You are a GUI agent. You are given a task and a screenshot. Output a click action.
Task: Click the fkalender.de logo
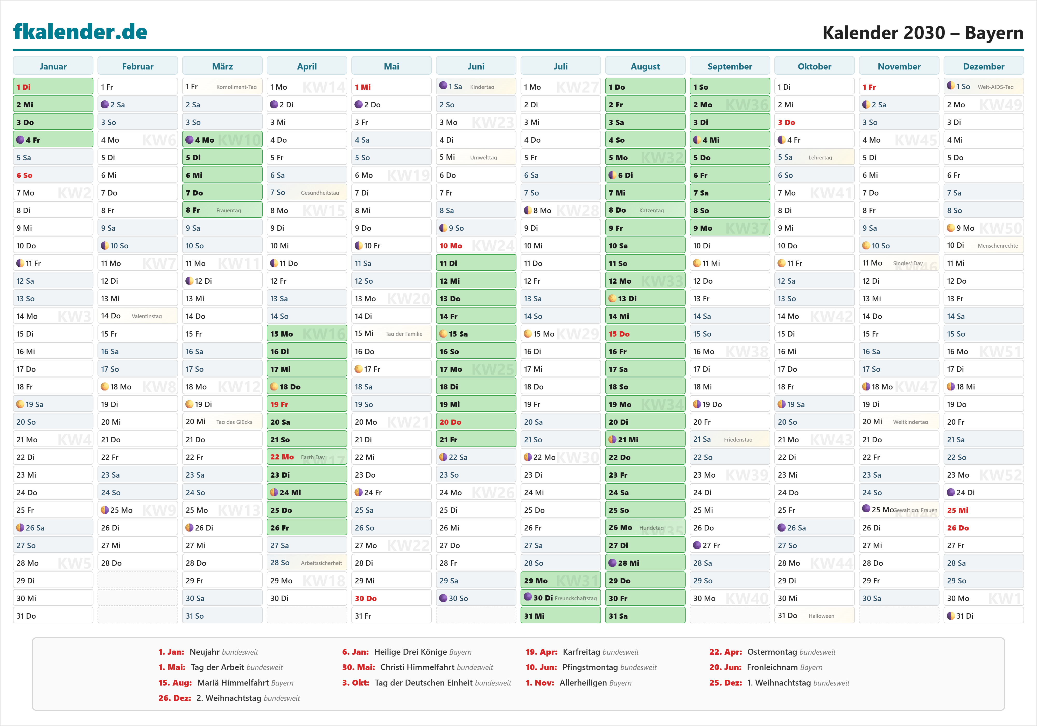pos(80,32)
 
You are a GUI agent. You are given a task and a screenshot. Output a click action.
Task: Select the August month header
pos(645,66)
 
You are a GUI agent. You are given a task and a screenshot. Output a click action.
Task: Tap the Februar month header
pos(138,66)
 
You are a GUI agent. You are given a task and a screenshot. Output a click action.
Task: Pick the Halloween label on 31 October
pos(821,616)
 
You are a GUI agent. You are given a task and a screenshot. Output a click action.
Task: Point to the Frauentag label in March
pos(229,211)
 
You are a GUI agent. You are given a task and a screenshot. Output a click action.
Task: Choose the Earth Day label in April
pos(313,457)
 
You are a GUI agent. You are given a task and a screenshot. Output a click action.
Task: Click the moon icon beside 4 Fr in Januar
pos(20,139)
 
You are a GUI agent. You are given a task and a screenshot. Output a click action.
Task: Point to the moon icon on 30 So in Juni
pos(444,598)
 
